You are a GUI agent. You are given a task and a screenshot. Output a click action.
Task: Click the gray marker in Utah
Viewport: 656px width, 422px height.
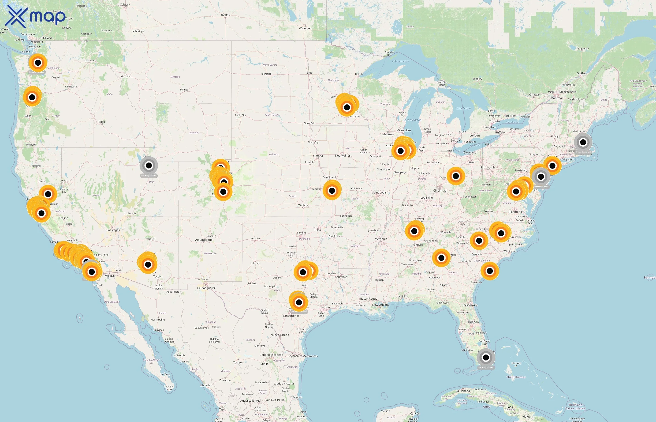(149, 166)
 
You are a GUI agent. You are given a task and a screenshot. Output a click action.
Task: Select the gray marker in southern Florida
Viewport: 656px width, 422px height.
(486, 357)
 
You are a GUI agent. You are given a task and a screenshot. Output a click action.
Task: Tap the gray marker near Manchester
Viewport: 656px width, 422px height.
(583, 142)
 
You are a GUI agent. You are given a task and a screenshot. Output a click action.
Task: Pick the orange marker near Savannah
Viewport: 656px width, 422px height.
(490, 271)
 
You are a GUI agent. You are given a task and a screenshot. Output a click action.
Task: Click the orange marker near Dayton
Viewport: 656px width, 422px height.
(456, 176)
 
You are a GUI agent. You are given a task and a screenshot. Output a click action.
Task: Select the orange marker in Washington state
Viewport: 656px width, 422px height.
(38, 63)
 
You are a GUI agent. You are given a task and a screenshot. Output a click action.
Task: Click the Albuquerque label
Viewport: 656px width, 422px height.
(204, 240)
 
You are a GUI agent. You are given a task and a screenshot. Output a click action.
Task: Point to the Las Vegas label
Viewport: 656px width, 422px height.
(113, 230)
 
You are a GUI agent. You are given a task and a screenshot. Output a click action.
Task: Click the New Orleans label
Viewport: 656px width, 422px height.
(380, 305)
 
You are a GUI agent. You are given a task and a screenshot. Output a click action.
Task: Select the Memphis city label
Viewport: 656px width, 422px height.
(380, 239)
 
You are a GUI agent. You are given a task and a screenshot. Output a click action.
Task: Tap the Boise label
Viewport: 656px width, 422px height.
(102, 122)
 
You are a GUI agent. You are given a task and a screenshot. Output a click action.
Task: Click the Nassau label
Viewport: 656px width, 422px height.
(516, 363)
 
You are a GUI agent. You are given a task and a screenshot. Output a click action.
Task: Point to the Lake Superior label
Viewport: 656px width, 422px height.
(400, 61)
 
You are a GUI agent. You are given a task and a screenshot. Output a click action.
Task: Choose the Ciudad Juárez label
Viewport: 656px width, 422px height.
(206, 288)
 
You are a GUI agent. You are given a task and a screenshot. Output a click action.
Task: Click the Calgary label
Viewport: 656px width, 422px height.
(125, 5)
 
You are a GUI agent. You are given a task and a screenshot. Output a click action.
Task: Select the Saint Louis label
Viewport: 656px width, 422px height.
(379, 193)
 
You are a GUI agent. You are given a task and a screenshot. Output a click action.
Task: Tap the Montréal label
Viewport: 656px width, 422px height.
(556, 98)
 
